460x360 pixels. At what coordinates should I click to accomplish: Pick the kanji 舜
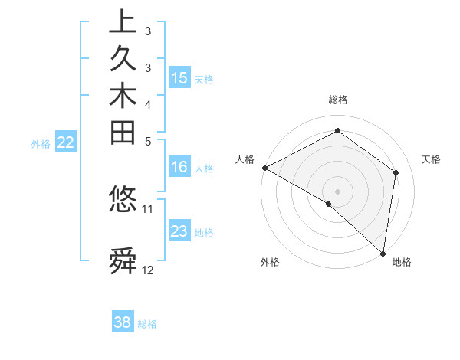[x=123, y=260]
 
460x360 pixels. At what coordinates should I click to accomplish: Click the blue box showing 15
[x=179, y=77]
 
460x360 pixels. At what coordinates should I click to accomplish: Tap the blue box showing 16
[x=179, y=168]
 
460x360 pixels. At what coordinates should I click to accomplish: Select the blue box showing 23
[x=179, y=231]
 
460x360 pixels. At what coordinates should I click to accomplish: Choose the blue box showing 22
[x=66, y=142]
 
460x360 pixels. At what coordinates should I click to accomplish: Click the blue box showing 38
[x=123, y=322]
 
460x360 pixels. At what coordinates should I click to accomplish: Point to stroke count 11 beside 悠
[x=148, y=208]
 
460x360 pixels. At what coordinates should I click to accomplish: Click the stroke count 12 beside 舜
[x=148, y=270]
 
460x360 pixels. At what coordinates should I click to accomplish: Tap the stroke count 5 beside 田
[x=148, y=141]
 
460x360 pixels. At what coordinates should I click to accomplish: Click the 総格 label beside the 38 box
[x=148, y=324]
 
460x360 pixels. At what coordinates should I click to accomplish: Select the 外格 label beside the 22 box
[x=41, y=143]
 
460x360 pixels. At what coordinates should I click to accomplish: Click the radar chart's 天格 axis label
[x=431, y=159]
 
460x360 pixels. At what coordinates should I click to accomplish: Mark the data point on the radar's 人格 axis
[x=264, y=168]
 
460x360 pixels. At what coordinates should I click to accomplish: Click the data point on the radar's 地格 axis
[x=383, y=253]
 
